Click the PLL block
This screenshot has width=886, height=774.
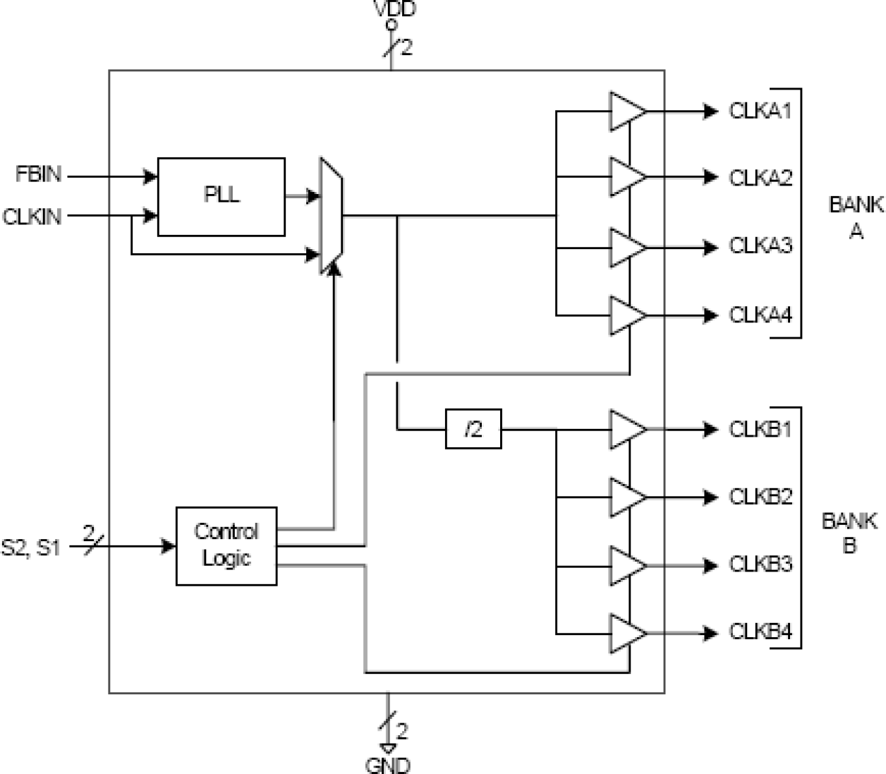click(x=221, y=196)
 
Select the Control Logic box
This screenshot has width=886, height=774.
click(x=226, y=545)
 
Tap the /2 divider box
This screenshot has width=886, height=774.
click(x=473, y=428)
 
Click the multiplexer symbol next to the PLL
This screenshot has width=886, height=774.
click(x=331, y=214)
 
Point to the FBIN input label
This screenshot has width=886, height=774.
click(x=38, y=174)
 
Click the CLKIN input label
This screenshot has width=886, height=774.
click(x=32, y=217)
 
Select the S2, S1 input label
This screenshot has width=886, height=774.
click(x=31, y=547)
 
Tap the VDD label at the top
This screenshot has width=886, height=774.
click(x=394, y=9)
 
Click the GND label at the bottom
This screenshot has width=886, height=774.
click(x=387, y=765)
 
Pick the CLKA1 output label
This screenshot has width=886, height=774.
click(x=760, y=111)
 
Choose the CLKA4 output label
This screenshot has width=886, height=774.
click(x=760, y=315)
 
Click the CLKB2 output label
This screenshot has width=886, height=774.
click(x=760, y=497)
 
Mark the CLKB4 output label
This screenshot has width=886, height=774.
click(x=760, y=631)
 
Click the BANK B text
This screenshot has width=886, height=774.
click(x=849, y=533)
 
